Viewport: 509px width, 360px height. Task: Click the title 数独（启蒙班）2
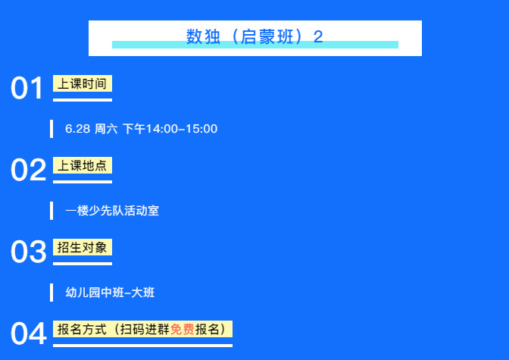point(254,36)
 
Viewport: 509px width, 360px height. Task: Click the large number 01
point(27,88)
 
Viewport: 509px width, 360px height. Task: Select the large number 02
point(28,170)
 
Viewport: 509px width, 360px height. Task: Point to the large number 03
point(29,252)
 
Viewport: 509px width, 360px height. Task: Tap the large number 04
point(29,333)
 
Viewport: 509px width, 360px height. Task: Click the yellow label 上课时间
point(83,83)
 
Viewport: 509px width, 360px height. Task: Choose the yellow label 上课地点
point(83,165)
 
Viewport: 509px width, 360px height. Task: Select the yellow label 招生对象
point(83,247)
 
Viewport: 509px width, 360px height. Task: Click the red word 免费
point(182,329)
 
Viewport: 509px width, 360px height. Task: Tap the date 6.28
point(77,129)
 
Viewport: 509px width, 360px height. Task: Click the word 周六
point(106,129)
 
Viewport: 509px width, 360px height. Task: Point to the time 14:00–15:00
point(182,129)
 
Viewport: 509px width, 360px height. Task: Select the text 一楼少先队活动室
point(112,211)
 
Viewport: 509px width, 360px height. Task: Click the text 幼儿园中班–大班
point(110,293)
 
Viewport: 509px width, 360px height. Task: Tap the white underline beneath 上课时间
point(83,100)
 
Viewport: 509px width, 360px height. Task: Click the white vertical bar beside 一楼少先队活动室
point(52,211)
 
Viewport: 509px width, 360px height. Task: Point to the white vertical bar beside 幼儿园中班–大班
point(52,293)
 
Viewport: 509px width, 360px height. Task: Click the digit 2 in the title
point(318,36)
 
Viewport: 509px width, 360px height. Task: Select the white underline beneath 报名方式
point(143,346)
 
